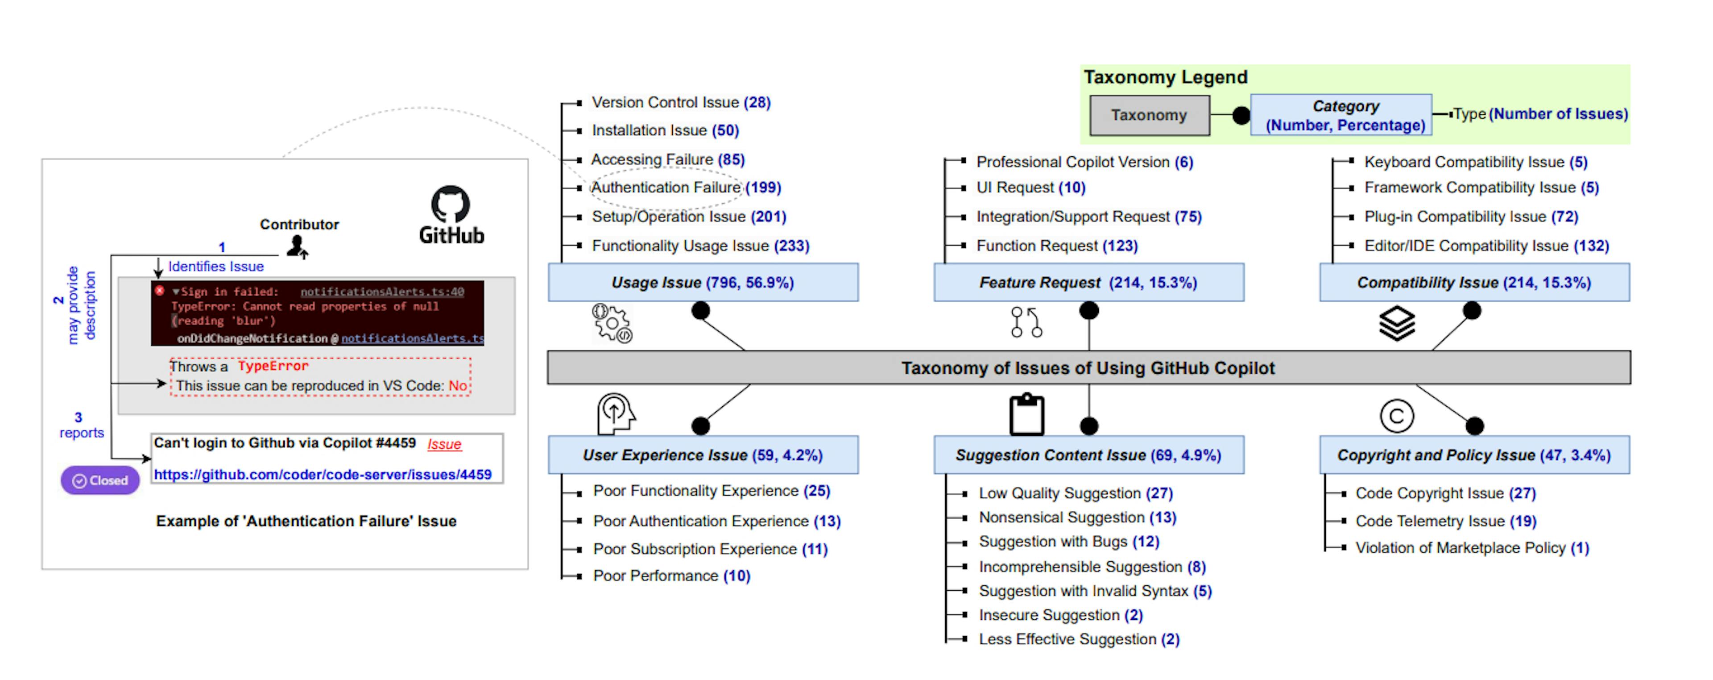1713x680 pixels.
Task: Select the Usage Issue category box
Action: pyautogui.click(x=703, y=283)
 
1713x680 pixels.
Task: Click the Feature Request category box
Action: pyautogui.click(x=1088, y=283)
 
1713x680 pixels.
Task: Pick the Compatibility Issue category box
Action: pyautogui.click(x=1474, y=283)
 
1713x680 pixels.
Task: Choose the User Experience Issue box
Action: pyautogui.click(x=703, y=455)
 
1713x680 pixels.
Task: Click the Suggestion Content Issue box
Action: pyautogui.click(x=1088, y=455)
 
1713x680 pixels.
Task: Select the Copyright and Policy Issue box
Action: pyautogui.click(x=1474, y=455)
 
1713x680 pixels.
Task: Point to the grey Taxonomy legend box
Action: pyautogui.click(x=1149, y=115)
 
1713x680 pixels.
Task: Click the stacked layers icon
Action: pyautogui.click(x=1396, y=323)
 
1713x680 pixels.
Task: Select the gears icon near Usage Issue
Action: pyautogui.click(x=612, y=323)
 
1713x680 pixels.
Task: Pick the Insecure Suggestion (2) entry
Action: pyautogui.click(x=1061, y=615)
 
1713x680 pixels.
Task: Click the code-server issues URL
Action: pyautogui.click(x=323, y=475)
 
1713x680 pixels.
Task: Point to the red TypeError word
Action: pyautogui.click(x=273, y=366)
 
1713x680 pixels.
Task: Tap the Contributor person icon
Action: pyautogui.click(x=297, y=247)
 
